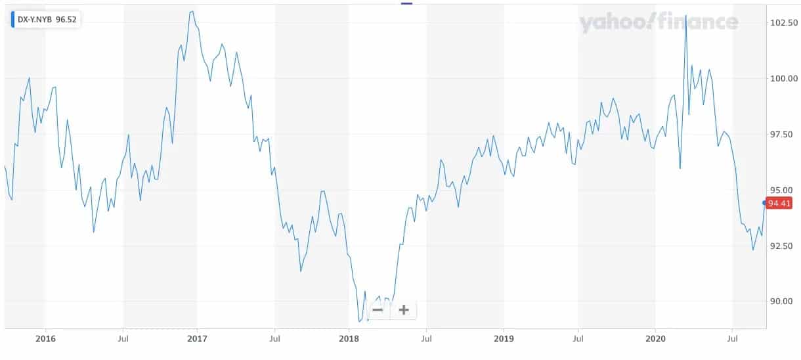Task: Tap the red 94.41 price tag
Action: point(779,204)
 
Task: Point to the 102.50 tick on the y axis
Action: point(784,23)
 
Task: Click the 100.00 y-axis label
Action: point(784,79)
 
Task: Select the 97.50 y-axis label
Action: point(784,135)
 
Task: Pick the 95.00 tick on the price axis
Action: point(784,191)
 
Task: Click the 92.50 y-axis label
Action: point(784,246)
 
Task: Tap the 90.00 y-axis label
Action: point(784,302)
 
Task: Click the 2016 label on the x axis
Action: point(45,339)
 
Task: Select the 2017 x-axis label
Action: point(197,339)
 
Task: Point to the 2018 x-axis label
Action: point(349,339)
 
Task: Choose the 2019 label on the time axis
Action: point(503,339)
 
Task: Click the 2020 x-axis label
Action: point(655,339)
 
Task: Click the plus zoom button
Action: point(404,310)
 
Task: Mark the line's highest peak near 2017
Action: point(191,11)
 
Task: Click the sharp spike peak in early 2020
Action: point(685,15)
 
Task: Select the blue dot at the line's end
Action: point(764,203)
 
